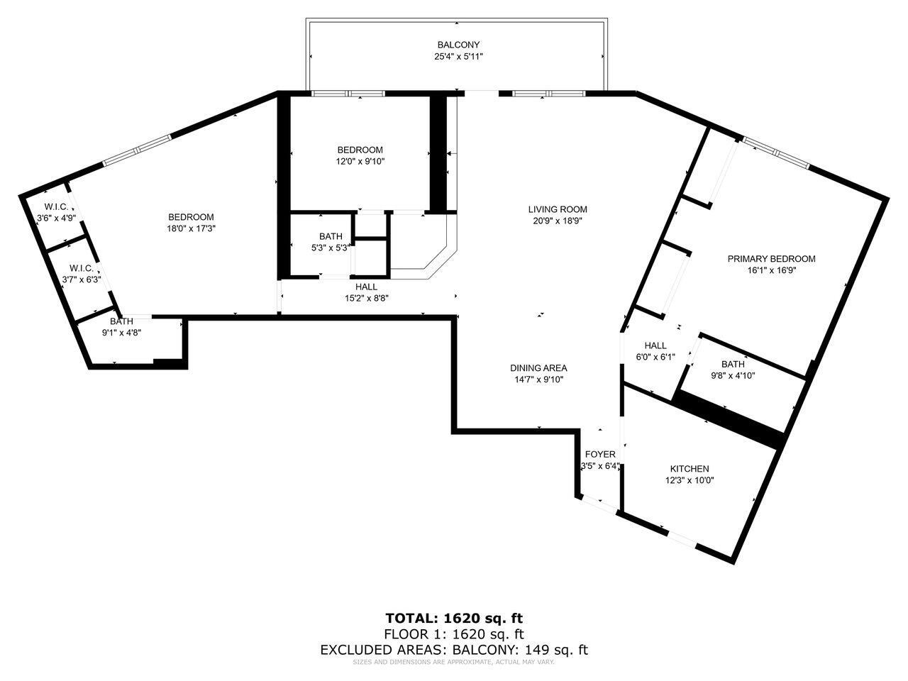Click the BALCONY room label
[458, 45]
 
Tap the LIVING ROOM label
[557, 210]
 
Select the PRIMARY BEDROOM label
[772, 259]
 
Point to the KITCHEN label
[690, 469]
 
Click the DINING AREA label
[538, 368]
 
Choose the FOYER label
[600, 455]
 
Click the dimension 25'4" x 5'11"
[458, 56]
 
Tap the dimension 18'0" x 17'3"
[191, 228]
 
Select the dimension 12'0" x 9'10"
[360, 162]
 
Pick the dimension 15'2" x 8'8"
[367, 298]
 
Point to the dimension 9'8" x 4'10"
[733, 376]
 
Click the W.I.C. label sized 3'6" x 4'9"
[56, 206]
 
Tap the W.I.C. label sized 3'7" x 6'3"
[82, 268]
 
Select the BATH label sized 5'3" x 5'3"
[331, 236]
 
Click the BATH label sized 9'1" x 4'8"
[121, 321]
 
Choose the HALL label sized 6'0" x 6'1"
[655, 345]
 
